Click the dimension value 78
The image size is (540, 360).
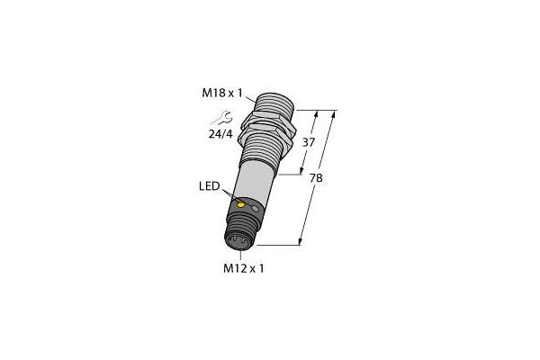pos(316,177)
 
